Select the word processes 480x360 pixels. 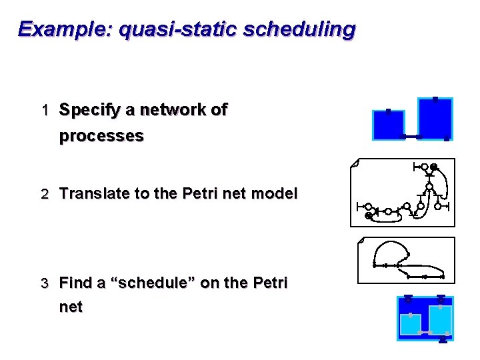[x=101, y=136]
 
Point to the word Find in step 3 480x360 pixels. [x=76, y=283]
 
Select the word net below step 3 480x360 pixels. [x=71, y=307]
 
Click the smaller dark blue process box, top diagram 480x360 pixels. [x=388, y=125]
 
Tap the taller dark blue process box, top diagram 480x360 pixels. [x=435, y=118]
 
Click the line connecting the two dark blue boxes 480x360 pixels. [x=411, y=137]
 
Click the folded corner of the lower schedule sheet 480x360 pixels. [x=361, y=240]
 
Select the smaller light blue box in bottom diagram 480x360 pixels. [x=410, y=323]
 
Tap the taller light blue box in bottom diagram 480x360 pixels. [x=440, y=319]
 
